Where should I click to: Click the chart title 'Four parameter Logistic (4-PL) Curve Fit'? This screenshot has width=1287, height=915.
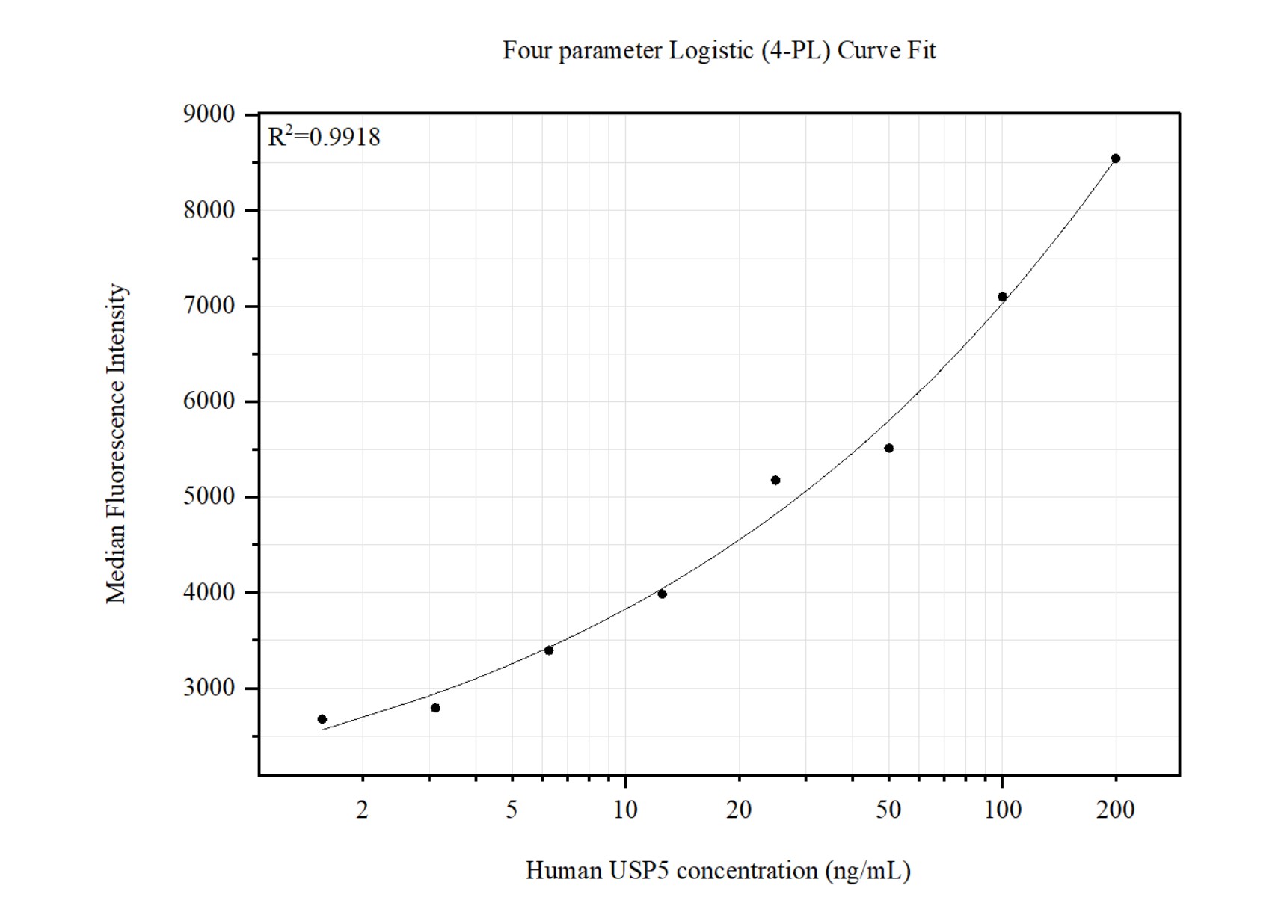coord(719,51)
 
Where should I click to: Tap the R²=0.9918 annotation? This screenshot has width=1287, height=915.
coord(324,137)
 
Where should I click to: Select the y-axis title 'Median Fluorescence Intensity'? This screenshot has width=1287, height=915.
coord(117,443)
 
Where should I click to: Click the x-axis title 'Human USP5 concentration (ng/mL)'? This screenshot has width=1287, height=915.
coord(718,871)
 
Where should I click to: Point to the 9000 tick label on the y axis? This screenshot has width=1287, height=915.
coord(209,114)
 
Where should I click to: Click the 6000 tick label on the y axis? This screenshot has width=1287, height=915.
coord(209,401)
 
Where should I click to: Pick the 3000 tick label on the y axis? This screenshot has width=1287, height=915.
coord(209,688)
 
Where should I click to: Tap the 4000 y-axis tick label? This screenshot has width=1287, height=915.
coord(209,592)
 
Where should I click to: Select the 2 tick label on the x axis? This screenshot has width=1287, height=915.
coord(363,810)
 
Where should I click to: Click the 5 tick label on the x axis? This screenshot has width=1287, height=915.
coord(512,810)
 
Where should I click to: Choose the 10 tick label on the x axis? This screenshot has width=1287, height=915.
coord(625,810)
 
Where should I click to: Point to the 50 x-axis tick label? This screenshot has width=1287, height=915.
coord(888,810)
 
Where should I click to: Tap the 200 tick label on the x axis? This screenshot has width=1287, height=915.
coord(1116,810)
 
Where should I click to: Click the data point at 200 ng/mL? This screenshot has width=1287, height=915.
coord(1116,158)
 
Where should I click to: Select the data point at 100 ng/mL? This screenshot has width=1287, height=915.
coord(1003,297)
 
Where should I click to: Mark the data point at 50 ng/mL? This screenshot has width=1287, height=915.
coord(889,449)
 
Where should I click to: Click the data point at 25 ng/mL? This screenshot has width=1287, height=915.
coord(775,480)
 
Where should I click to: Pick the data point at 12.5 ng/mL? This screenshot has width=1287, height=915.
coord(662,594)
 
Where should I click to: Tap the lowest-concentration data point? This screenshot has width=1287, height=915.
coord(322,719)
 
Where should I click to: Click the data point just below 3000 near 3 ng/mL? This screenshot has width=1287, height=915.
coord(435,708)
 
